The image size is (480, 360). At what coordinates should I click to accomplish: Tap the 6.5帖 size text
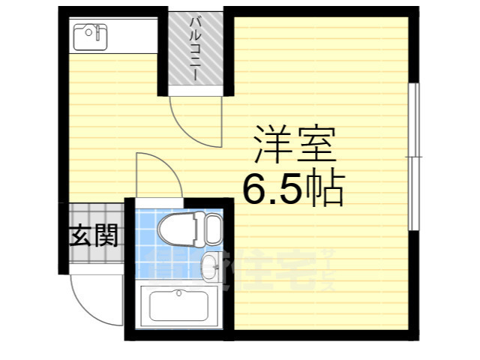(292, 190)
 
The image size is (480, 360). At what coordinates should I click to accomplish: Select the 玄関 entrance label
(94, 238)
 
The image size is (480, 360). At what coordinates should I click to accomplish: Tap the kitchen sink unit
(90, 34)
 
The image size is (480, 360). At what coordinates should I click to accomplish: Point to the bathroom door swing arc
(156, 174)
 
